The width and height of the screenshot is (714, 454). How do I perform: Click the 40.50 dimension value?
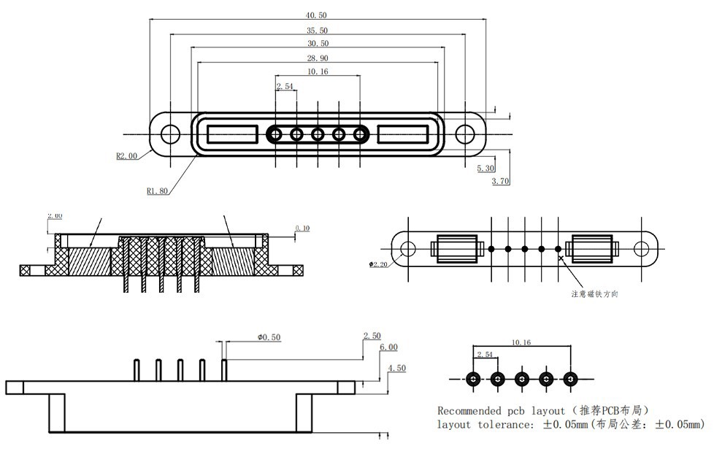318,15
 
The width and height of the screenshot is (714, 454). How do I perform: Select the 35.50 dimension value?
318,30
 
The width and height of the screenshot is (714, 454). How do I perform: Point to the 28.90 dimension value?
318,58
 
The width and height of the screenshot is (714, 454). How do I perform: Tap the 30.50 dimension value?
318,44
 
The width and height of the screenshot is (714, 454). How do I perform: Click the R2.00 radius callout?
126,155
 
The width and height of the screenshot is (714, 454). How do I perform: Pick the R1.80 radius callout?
158,191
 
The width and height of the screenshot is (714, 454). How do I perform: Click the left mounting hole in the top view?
169,134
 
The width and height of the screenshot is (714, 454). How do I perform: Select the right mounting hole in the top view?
466,134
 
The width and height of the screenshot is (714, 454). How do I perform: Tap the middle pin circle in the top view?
318,134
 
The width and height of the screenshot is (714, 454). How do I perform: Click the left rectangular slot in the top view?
232,134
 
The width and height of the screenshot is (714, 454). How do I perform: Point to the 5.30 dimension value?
485,169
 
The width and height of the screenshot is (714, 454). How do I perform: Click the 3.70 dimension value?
500,181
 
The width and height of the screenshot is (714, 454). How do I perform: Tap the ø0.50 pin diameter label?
269,336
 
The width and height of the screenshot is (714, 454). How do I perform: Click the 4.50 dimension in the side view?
396,369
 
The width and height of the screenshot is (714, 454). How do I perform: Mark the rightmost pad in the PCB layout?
570,380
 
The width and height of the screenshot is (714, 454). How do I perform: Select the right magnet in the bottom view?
593,248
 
